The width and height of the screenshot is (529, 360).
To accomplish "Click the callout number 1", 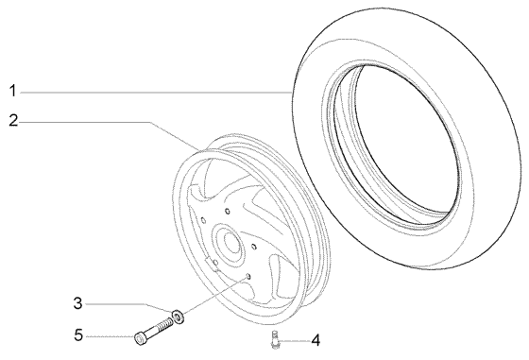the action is tap(12, 91).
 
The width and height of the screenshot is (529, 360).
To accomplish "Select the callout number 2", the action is tap(13, 120).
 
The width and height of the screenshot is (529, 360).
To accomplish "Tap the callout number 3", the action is tap(77, 303).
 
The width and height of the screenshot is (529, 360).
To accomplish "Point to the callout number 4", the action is tap(316, 340).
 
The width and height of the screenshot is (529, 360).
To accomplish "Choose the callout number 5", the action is tap(78, 335).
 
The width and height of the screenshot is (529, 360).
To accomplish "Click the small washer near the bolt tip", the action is tap(179, 317).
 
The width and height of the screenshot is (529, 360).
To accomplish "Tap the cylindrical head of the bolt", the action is tap(140, 338).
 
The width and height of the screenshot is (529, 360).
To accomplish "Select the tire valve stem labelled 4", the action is tap(275, 340).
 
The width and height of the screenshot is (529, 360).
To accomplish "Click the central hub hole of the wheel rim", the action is tap(231, 243).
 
